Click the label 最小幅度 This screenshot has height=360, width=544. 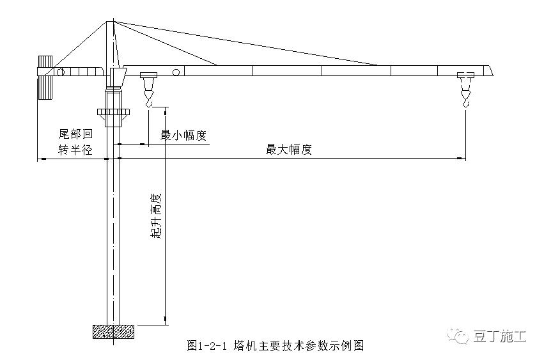(x=183, y=136)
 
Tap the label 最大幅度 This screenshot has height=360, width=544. (x=289, y=150)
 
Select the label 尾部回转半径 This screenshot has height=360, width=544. (x=76, y=141)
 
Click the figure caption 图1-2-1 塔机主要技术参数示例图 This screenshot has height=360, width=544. (x=276, y=346)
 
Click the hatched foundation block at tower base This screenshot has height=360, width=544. (x=114, y=331)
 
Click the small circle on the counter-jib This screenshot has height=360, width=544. (x=59, y=72)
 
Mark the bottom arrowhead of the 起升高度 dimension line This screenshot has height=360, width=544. (x=165, y=320)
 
